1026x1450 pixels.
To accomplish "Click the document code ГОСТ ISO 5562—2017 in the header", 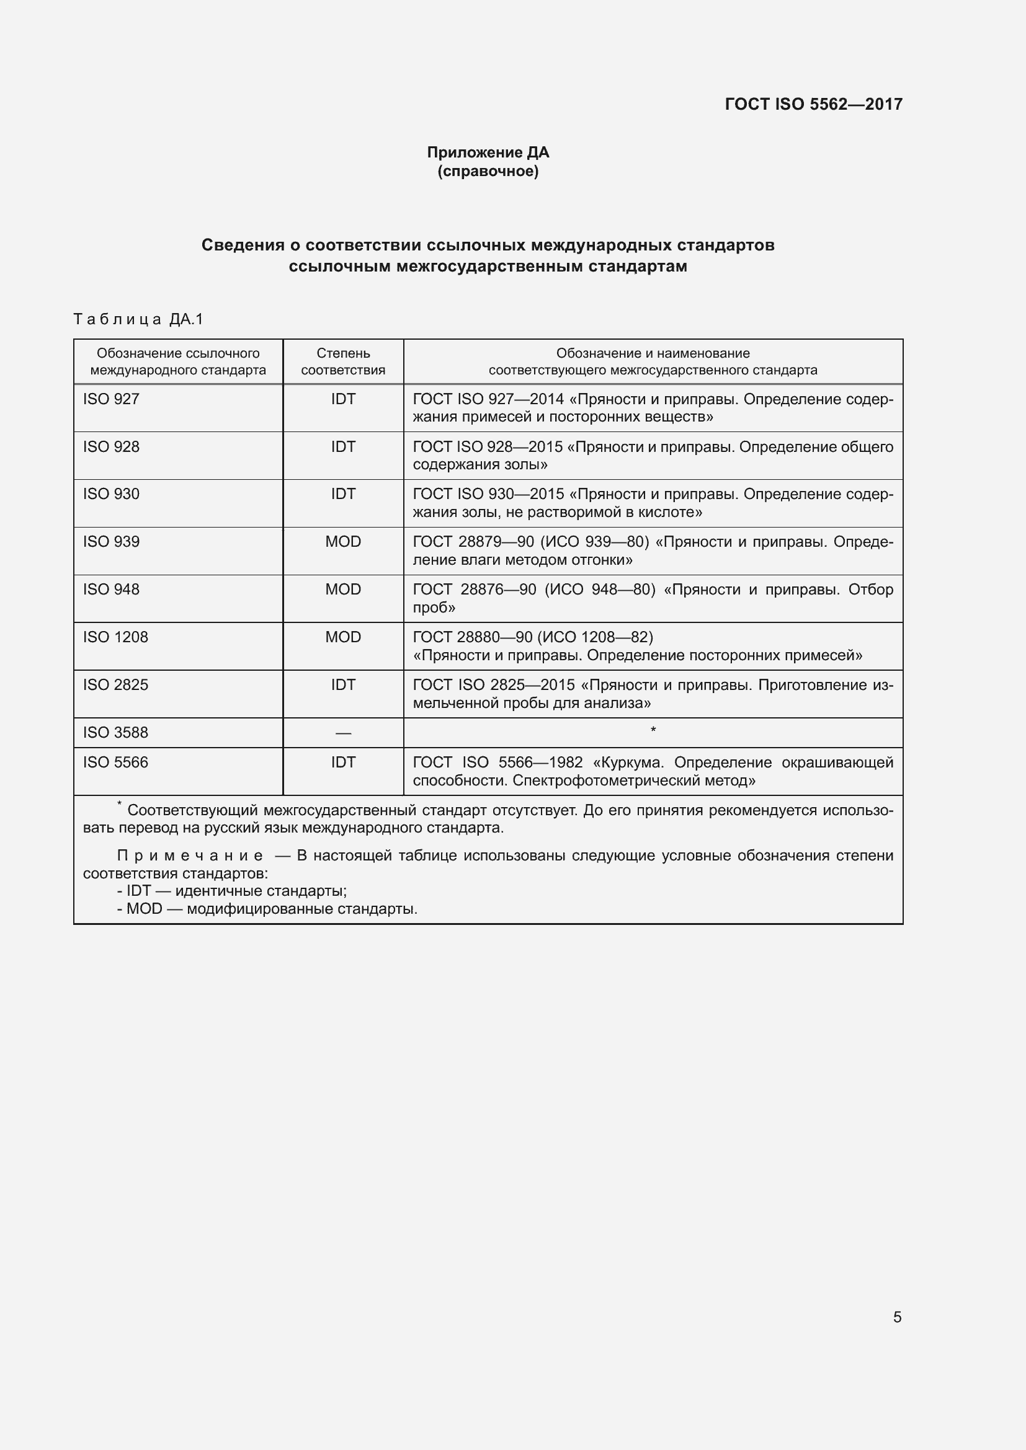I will point(813,104).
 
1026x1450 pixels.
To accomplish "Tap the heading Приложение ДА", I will point(488,153).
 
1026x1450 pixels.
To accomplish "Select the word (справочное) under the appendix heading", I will point(488,171).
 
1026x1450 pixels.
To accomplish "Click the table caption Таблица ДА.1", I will point(138,319).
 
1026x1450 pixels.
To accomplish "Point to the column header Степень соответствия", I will point(343,361).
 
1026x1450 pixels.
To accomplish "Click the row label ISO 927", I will point(111,399).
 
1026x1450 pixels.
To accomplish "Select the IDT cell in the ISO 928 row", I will point(343,446).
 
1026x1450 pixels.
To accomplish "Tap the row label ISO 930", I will point(111,494).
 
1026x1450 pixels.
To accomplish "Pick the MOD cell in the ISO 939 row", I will point(343,541).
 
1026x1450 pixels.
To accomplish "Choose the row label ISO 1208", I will point(115,637).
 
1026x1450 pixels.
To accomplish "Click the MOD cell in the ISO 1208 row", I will point(343,637).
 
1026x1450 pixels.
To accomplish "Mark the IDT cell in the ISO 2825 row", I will point(343,684).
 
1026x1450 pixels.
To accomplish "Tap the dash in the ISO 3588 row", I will point(343,733).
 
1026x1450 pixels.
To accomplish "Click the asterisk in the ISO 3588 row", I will point(653,731).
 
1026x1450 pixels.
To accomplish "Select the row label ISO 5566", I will point(115,763).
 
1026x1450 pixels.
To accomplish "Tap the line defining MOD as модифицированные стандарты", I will point(267,909).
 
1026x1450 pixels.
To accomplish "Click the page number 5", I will point(897,1317).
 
